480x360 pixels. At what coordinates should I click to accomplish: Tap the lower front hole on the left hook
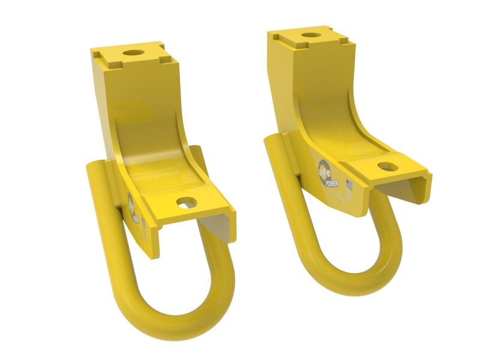point(186,202)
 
